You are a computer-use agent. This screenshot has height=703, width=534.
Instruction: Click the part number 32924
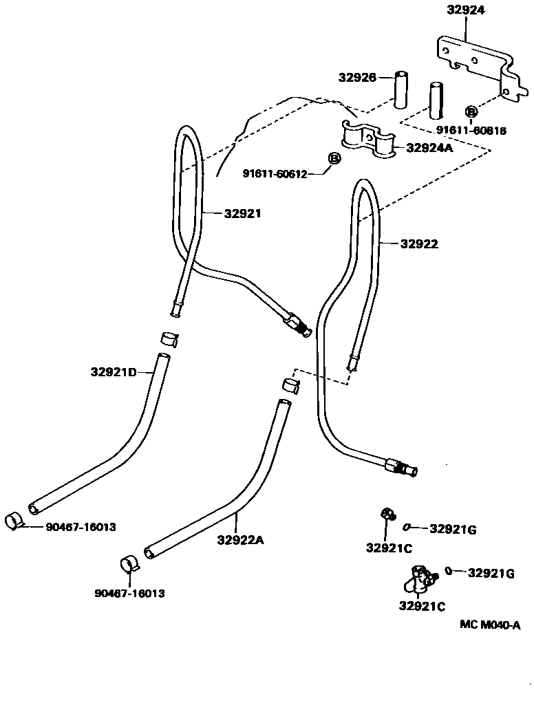[465, 10]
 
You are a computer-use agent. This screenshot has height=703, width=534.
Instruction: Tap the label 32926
[356, 78]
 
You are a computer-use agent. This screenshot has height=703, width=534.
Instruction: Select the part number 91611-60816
[471, 130]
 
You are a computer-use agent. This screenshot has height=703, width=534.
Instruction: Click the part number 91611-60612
[273, 173]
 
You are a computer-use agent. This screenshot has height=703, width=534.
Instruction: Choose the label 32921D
[112, 372]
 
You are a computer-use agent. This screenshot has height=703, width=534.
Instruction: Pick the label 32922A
[240, 540]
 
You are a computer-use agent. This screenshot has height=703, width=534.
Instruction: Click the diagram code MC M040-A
[490, 625]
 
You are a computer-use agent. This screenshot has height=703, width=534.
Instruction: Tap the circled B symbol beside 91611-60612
[334, 159]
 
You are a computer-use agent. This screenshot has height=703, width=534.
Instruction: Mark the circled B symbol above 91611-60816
[471, 112]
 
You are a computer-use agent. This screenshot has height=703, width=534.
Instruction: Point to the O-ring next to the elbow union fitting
[448, 570]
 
